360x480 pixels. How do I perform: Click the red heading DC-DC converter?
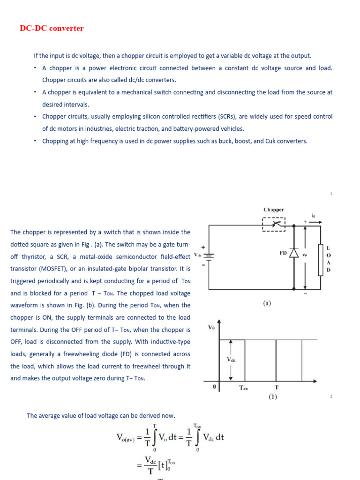(52, 28)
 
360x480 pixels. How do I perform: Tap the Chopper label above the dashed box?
(273, 210)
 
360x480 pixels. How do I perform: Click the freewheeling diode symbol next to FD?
(294, 253)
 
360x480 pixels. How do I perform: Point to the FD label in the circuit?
(283, 253)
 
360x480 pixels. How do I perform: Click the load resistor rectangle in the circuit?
(320, 259)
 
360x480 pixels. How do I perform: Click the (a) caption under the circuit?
(267, 303)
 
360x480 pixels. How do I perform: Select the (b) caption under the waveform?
(273, 397)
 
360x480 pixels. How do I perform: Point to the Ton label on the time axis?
(244, 388)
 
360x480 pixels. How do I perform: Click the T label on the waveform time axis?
(276, 387)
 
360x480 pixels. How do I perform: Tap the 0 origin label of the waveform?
(215, 388)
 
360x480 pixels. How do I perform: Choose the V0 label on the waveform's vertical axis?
(211, 327)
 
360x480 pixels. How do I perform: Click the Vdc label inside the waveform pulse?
(231, 360)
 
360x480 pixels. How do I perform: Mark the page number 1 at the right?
(331, 193)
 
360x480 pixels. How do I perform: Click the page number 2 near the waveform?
(331, 397)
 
